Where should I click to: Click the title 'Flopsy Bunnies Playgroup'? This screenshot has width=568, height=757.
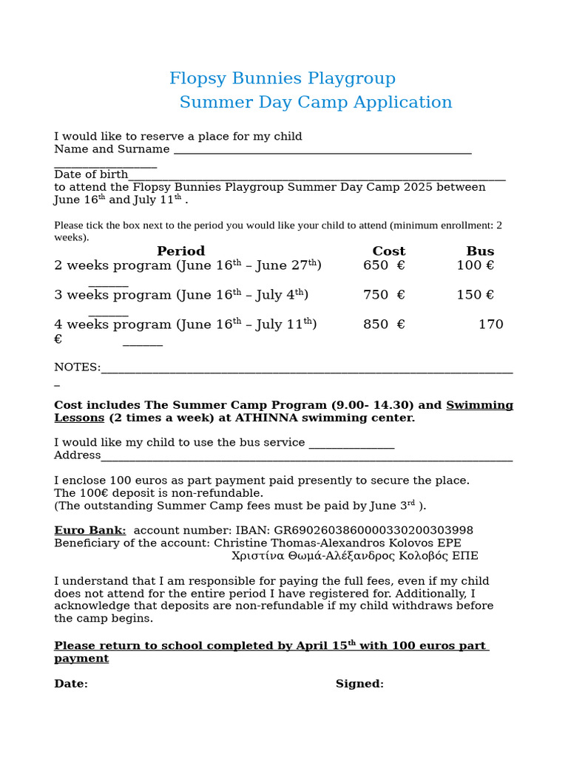pyautogui.click(x=282, y=78)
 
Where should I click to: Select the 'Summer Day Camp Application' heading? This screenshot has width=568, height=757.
pyautogui.click(x=315, y=102)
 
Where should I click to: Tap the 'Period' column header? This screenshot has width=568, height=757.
pyautogui.click(x=180, y=251)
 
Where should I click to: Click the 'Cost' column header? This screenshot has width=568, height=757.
pyautogui.click(x=388, y=251)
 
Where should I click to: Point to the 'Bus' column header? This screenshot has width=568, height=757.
pyautogui.click(x=480, y=251)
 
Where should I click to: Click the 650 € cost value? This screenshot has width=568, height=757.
pyautogui.click(x=384, y=265)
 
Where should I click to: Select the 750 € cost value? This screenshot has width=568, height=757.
pyautogui.click(x=384, y=295)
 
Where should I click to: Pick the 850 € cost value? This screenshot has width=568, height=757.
pyautogui.click(x=384, y=325)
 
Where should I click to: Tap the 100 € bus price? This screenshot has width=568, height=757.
pyautogui.click(x=475, y=265)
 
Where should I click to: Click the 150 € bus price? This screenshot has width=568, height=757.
pyautogui.click(x=475, y=295)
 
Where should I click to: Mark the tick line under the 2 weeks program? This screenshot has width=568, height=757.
pyautogui.click(x=108, y=285)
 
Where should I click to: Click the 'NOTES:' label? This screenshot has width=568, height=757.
pyautogui.click(x=77, y=367)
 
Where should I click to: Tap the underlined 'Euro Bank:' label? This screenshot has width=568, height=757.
pyautogui.click(x=89, y=531)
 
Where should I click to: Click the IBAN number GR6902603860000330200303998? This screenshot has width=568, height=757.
pyautogui.click(x=373, y=531)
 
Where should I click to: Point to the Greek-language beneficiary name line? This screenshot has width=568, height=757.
pyautogui.click(x=354, y=556)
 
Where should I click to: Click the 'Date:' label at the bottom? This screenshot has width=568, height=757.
pyautogui.click(x=70, y=684)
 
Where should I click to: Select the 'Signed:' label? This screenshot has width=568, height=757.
pyautogui.click(x=359, y=684)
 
